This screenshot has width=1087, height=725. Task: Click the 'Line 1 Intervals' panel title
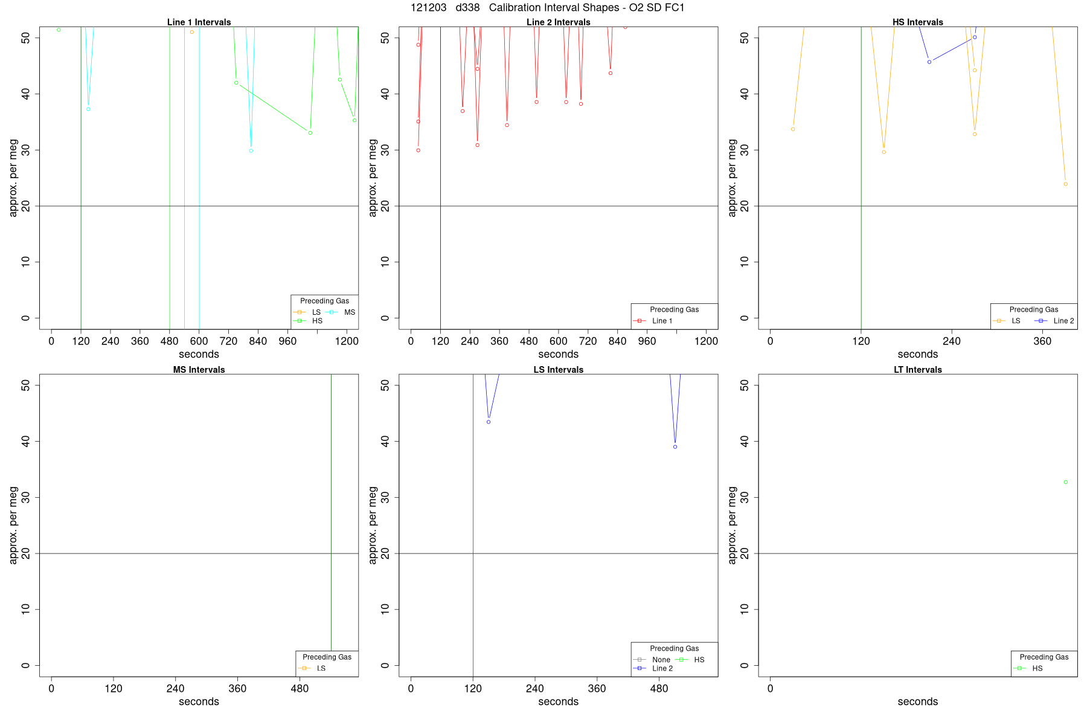point(199,22)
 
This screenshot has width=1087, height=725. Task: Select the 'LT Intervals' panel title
point(917,370)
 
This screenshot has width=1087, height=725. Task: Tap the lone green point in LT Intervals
point(1065,482)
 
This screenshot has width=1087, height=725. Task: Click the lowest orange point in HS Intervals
point(1065,184)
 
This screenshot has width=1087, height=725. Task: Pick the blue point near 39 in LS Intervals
point(675,447)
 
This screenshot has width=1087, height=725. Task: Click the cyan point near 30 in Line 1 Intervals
point(251,151)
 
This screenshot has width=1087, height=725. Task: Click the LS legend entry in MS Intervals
point(321,668)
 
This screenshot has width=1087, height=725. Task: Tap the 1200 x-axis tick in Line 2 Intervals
point(706,341)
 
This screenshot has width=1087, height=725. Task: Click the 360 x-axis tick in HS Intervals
point(1042,341)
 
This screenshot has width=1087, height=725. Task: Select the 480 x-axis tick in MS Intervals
point(300,689)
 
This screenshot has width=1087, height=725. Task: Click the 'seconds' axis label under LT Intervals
point(917,701)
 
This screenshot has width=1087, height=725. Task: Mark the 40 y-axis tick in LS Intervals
point(385,441)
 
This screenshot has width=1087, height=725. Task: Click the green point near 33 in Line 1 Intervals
point(310,133)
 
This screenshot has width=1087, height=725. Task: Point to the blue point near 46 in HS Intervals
point(929,62)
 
